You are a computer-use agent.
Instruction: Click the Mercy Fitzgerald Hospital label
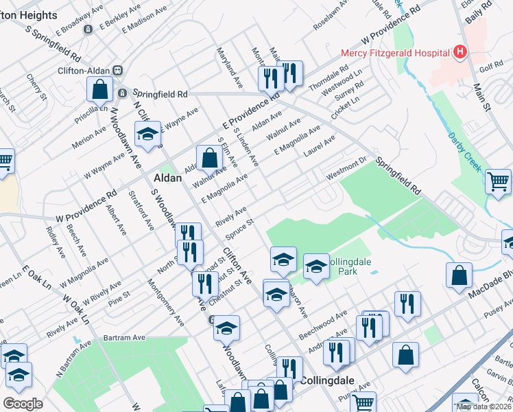[x=395, y=52]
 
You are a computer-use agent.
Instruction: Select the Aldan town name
[x=167, y=177]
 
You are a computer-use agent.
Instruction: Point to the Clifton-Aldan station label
[x=82, y=69]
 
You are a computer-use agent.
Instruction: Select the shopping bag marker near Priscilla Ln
[x=100, y=89]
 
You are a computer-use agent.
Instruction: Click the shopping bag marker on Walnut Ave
[x=208, y=158]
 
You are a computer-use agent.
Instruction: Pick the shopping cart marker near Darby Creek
[x=498, y=182]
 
